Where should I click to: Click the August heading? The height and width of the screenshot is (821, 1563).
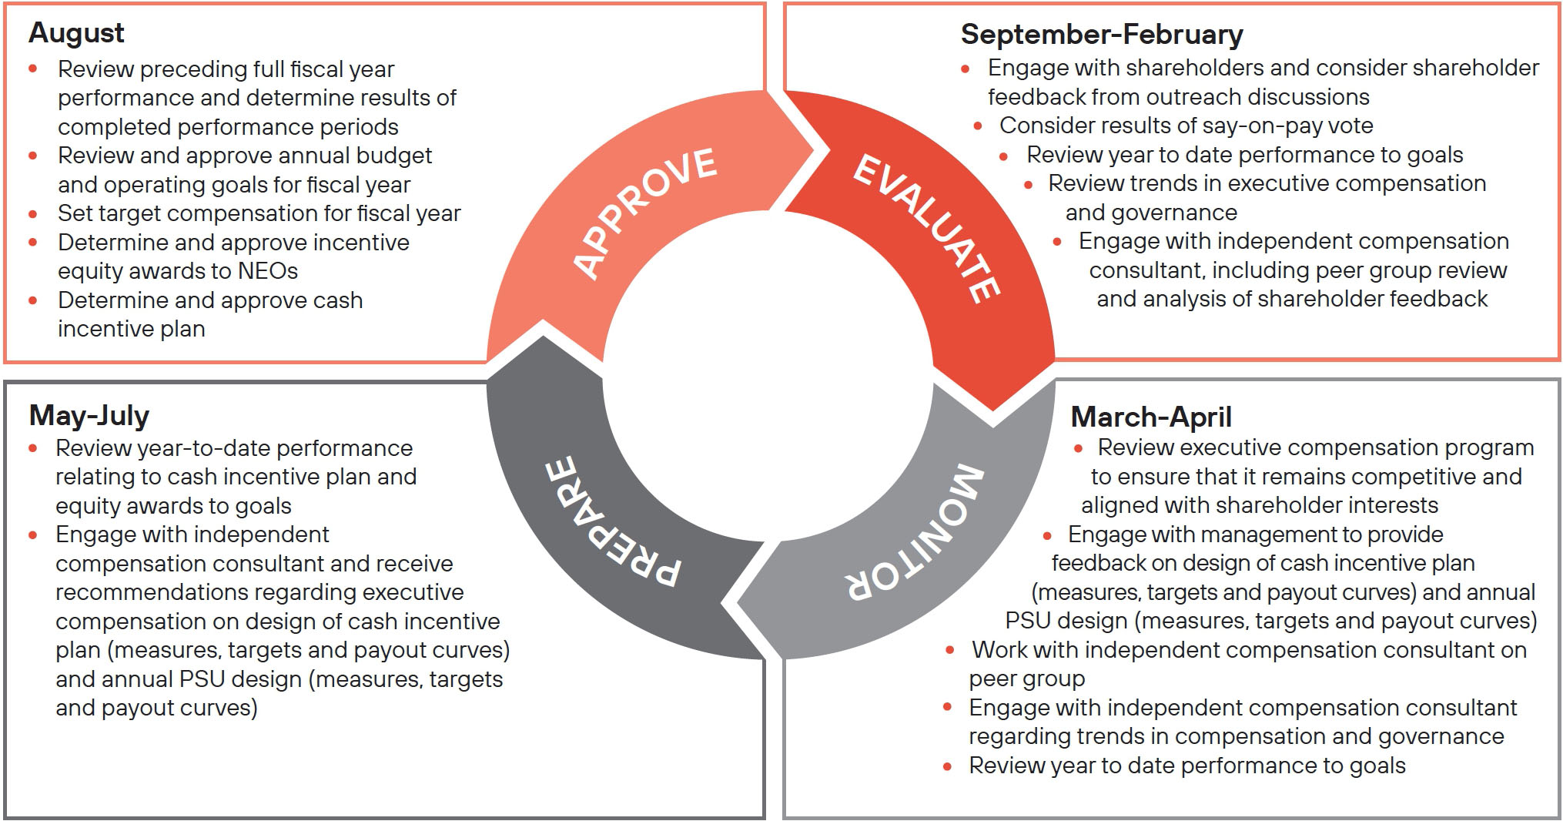[76, 33]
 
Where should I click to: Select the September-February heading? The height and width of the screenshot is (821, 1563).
[1101, 35]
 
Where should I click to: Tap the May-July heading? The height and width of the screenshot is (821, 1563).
[89, 415]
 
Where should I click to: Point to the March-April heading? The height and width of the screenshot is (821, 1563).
[1150, 417]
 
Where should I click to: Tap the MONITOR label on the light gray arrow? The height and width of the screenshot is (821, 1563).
[917, 532]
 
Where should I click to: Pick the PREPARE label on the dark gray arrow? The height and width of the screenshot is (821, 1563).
[613, 522]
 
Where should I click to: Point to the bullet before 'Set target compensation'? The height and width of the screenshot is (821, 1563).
[33, 213]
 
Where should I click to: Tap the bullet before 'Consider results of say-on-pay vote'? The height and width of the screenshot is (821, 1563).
[978, 126]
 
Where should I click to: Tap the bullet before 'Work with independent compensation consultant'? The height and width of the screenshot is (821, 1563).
[949, 650]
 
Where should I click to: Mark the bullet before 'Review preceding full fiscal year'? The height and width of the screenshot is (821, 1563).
[33, 69]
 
